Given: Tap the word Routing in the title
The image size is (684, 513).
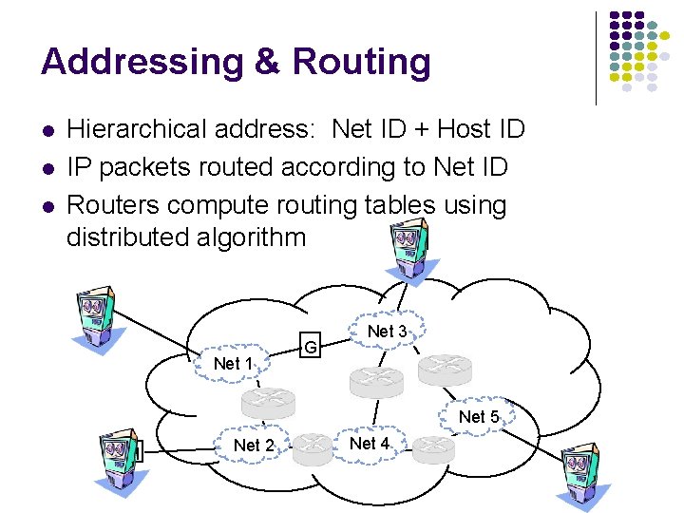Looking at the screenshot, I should [361, 62].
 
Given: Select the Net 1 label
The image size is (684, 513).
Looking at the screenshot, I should [234, 363].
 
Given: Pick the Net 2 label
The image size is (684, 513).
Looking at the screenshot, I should [254, 446].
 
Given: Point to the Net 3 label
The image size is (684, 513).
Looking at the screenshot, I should [387, 331].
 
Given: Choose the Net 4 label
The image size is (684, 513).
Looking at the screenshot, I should [370, 443].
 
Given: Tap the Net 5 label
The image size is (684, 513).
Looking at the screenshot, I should [479, 416].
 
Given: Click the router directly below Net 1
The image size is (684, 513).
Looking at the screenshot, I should [269, 403].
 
